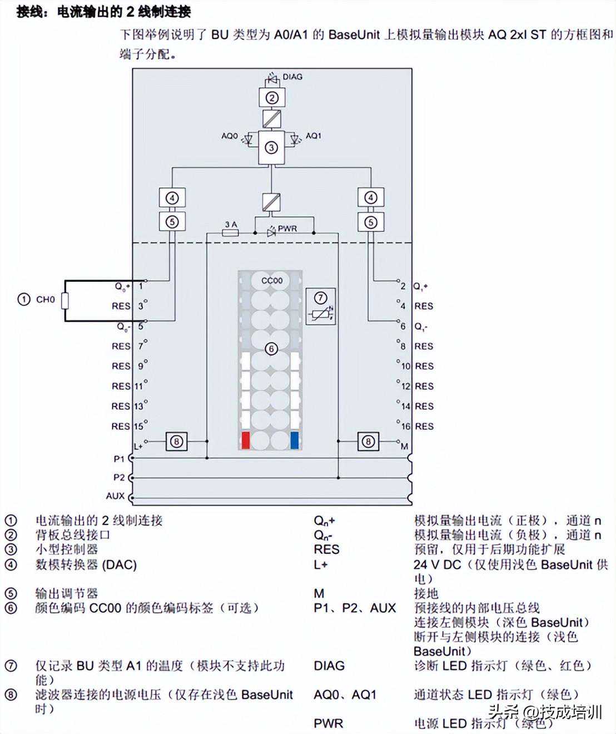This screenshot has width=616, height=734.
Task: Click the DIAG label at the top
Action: click(292, 77)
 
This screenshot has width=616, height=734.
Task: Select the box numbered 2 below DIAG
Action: click(271, 98)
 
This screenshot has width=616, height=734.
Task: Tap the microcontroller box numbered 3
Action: click(271, 147)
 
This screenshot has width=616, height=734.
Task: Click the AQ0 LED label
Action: click(230, 136)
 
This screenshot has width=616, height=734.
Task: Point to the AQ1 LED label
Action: click(314, 136)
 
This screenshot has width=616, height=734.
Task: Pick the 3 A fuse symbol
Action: click(230, 233)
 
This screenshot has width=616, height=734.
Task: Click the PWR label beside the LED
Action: click(287, 229)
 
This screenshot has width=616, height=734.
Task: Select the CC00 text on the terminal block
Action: click(272, 281)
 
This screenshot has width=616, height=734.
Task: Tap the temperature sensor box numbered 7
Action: click(321, 306)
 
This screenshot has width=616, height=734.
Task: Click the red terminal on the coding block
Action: click(246, 440)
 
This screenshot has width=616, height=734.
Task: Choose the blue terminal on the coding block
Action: click(295, 440)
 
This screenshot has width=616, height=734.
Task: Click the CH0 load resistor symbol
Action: click(64, 301)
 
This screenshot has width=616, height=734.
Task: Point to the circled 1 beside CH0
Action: click(23, 300)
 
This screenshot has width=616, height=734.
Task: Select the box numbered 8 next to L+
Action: click(177, 442)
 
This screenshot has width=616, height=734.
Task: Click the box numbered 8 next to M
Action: click(369, 442)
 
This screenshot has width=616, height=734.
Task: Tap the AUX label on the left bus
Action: click(116, 495)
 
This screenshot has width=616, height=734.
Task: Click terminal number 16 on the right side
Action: click(406, 426)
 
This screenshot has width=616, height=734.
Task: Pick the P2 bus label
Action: click(119, 477)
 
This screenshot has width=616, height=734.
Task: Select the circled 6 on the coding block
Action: click(271, 349)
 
